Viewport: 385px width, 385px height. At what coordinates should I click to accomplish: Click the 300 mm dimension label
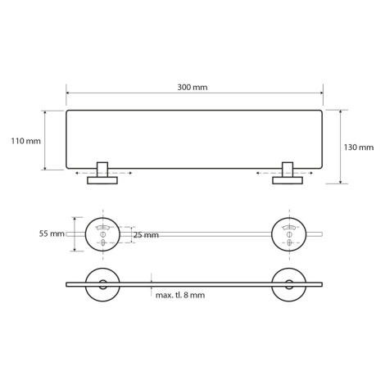192,88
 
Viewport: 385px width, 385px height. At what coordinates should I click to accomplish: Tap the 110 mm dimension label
25,141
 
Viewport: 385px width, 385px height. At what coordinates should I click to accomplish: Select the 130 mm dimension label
359,147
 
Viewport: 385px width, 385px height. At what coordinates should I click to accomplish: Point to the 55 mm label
52,233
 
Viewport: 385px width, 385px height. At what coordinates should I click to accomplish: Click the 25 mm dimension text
147,235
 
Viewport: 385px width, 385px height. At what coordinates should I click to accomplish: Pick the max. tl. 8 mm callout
180,295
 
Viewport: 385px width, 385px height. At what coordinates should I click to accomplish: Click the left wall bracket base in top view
102,180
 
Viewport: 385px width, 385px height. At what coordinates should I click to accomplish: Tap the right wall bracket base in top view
288,180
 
